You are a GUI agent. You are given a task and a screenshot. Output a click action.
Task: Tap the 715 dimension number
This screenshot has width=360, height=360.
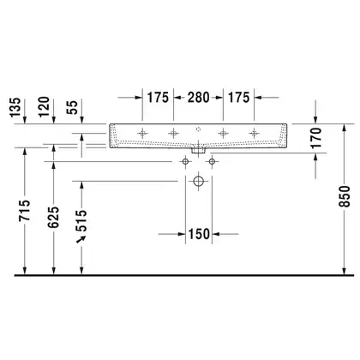pyautogui.click(x=25, y=211)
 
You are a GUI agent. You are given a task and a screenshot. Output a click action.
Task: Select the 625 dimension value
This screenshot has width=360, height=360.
pyautogui.click(x=53, y=218)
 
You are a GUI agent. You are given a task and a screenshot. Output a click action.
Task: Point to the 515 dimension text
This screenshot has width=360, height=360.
pyautogui.click(x=81, y=221)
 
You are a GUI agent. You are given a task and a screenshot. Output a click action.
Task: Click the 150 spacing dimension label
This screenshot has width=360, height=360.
pyautogui.click(x=199, y=234)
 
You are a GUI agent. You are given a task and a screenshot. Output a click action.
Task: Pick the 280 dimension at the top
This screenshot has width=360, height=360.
pyautogui.click(x=198, y=98)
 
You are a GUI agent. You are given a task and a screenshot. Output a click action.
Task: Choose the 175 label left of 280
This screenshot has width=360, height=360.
pyautogui.click(x=158, y=98)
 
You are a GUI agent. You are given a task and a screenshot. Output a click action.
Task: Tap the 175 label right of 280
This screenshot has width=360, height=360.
pyautogui.click(x=238, y=98)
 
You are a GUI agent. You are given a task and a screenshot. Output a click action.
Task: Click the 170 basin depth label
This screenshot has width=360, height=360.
pyautogui.click(x=316, y=138)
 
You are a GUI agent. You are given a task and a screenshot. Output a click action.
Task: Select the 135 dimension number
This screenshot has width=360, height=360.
pyautogui.click(x=15, y=107)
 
